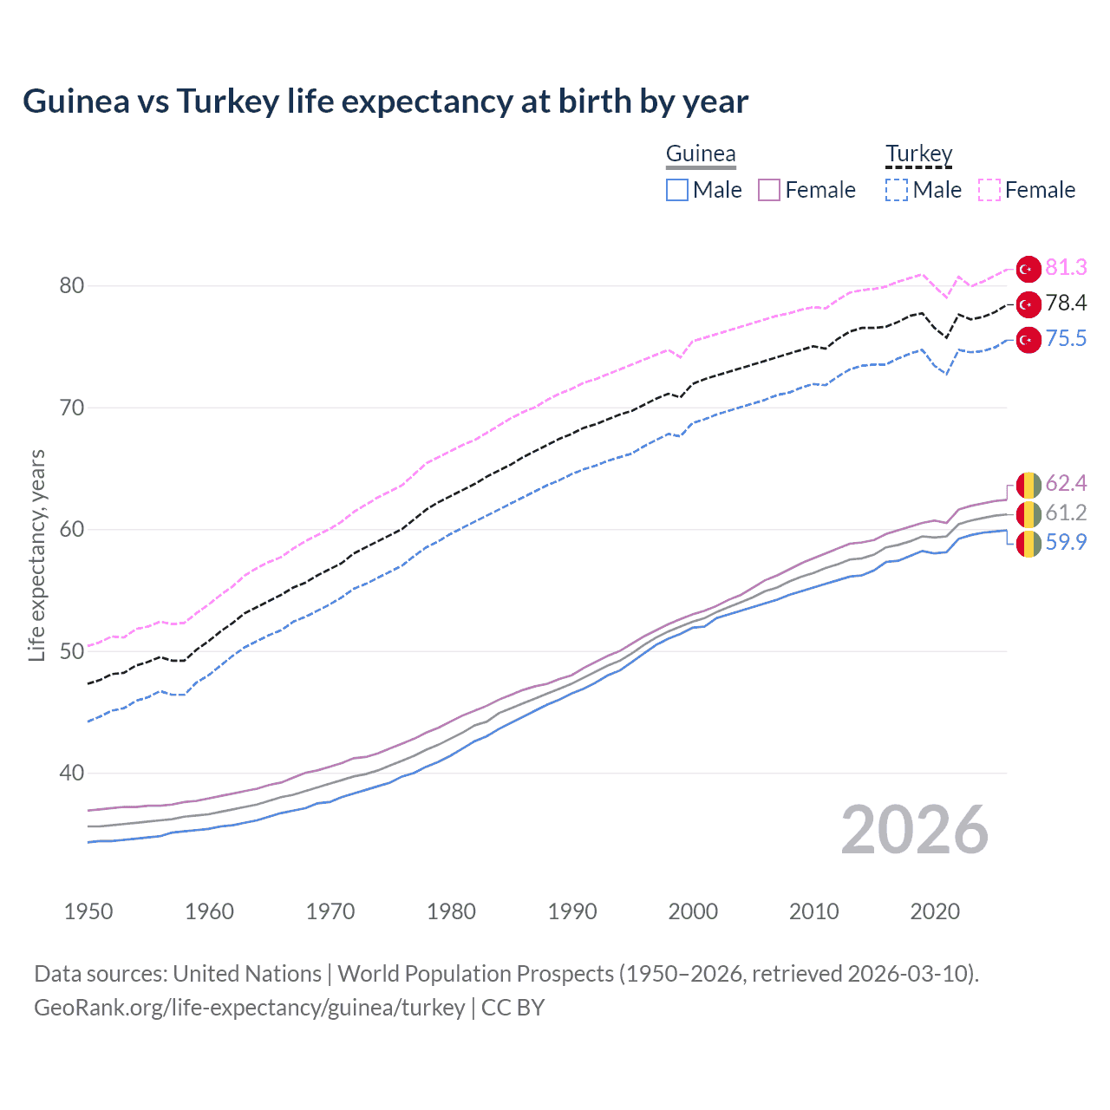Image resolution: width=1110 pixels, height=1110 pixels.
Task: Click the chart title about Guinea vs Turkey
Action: (x=385, y=101)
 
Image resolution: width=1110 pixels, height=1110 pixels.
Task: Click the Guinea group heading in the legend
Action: (x=701, y=153)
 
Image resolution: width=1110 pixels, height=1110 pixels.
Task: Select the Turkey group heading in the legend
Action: (x=918, y=153)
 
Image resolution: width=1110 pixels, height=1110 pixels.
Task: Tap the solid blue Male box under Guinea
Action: (x=677, y=190)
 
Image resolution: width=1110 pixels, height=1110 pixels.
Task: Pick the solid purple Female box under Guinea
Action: (x=769, y=190)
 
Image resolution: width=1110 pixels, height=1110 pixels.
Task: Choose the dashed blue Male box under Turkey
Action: (x=897, y=190)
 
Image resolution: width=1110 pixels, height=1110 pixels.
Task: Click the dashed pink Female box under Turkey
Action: (x=989, y=190)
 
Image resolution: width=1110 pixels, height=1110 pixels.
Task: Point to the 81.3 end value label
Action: (x=1066, y=267)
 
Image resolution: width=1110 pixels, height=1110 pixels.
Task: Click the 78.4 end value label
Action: (x=1066, y=303)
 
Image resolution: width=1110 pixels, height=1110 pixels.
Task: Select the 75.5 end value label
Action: (x=1066, y=338)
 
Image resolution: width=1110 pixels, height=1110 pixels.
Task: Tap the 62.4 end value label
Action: (x=1066, y=483)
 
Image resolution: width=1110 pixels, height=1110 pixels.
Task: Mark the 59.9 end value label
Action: (x=1066, y=542)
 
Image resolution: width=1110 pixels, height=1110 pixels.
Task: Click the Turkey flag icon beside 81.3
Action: (x=1028, y=269)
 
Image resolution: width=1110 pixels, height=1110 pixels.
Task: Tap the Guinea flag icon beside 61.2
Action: (x=1028, y=514)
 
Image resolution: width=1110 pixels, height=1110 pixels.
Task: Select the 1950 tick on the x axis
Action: (x=88, y=911)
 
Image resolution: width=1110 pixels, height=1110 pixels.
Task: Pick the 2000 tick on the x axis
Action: (x=693, y=911)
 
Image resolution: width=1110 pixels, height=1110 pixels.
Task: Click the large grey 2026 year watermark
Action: (x=914, y=830)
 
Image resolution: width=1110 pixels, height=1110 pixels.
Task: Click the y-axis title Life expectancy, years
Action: (x=36, y=555)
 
